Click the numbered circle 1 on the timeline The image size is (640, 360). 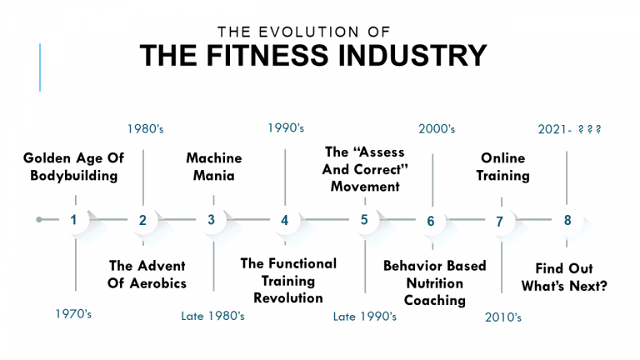click(74, 220)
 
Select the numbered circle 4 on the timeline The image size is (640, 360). click(284, 220)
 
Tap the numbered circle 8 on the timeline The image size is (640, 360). click(567, 220)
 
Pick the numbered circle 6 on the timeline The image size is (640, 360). click(431, 221)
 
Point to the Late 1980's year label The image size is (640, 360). click(212, 316)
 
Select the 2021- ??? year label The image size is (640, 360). click(570, 129)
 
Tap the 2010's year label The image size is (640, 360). click(503, 317)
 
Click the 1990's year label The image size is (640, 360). click(286, 128)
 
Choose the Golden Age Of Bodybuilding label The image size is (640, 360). click(70, 166)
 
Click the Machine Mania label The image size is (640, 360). click(214, 166)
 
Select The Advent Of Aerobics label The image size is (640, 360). click(147, 274)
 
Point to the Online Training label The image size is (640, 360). click(503, 166)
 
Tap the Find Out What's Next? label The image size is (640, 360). click(564, 277)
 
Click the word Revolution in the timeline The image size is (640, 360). click(288, 297)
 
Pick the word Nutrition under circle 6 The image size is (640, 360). click(435, 283)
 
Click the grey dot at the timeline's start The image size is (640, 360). click(39, 220)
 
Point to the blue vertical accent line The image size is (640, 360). click(40, 67)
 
